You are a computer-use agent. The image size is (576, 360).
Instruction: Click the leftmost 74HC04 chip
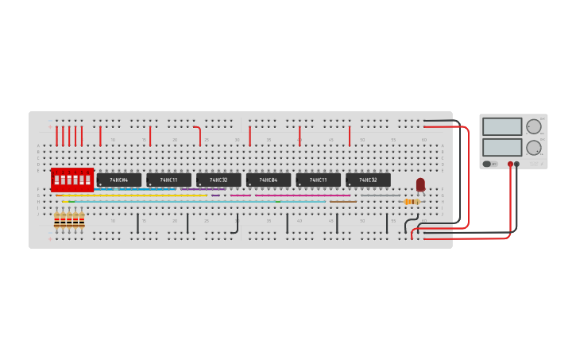click(119, 180)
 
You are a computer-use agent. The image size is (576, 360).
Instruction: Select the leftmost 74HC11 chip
click(168, 180)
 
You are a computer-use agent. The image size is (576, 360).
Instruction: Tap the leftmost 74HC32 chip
click(218, 180)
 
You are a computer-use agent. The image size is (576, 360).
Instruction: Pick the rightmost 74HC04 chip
click(268, 180)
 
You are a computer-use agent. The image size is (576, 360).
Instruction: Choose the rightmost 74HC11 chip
click(318, 180)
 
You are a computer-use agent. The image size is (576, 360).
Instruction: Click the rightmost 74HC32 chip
click(368, 180)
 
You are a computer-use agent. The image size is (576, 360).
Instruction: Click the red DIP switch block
click(72, 180)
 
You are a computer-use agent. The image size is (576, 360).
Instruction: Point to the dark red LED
click(420, 184)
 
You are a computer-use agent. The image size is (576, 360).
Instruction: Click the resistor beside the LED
click(411, 202)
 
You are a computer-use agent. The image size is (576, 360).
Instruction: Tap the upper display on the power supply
click(502, 127)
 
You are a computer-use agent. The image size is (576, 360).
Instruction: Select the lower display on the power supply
click(502, 147)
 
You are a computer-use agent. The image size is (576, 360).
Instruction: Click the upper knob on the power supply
click(534, 126)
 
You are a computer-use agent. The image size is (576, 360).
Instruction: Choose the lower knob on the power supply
click(534, 147)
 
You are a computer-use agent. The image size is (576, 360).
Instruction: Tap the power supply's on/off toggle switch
click(487, 164)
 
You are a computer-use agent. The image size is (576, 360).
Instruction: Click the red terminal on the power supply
click(510, 165)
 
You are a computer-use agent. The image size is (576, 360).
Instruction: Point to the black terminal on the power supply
click(516, 165)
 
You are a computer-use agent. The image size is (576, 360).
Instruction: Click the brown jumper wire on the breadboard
click(343, 202)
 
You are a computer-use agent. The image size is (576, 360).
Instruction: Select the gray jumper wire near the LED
click(380, 195)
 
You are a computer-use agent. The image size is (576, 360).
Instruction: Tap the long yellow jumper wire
click(135, 195)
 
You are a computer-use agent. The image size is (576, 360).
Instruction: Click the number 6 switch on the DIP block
click(87, 180)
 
